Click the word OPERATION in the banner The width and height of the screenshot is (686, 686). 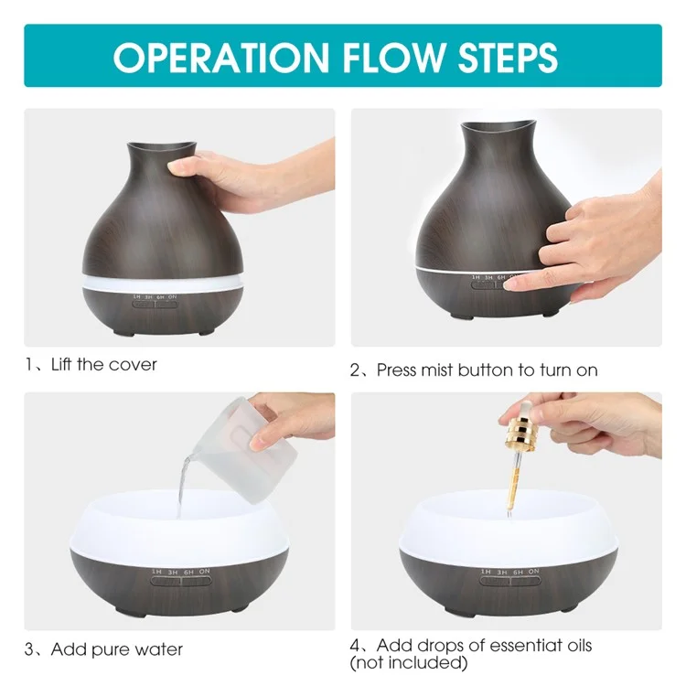pyautogui.click(x=221, y=58)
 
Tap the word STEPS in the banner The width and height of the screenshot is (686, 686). pyautogui.click(x=508, y=58)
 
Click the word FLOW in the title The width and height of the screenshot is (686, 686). pyautogui.click(x=393, y=58)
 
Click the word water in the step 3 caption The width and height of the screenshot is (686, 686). pyautogui.click(x=159, y=649)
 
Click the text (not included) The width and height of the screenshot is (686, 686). pyautogui.click(x=409, y=663)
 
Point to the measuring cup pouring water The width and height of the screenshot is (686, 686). pyautogui.click(x=245, y=451)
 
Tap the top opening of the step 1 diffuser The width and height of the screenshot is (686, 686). pyautogui.click(x=161, y=145)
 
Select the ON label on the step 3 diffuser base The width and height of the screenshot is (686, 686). pyautogui.click(x=204, y=572)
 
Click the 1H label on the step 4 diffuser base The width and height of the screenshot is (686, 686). pyautogui.click(x=486, y=572)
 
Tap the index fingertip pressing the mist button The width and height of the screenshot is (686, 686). pyautogui.click(x=510, y=285)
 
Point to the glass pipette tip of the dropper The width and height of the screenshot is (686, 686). pyautogui.click(x=509, y=513)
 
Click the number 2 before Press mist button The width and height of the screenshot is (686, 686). pyautogui.click(x=355, y=371)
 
